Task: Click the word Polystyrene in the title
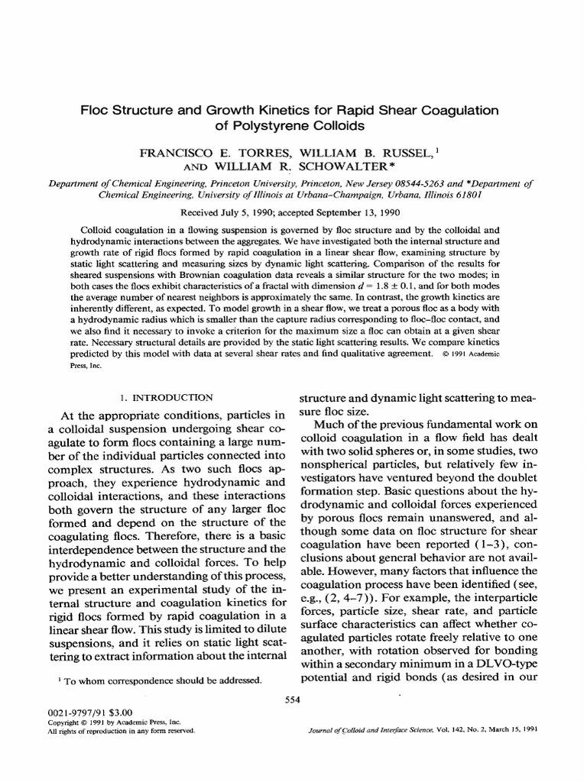pos(274,125)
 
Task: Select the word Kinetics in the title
pos(305,109)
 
